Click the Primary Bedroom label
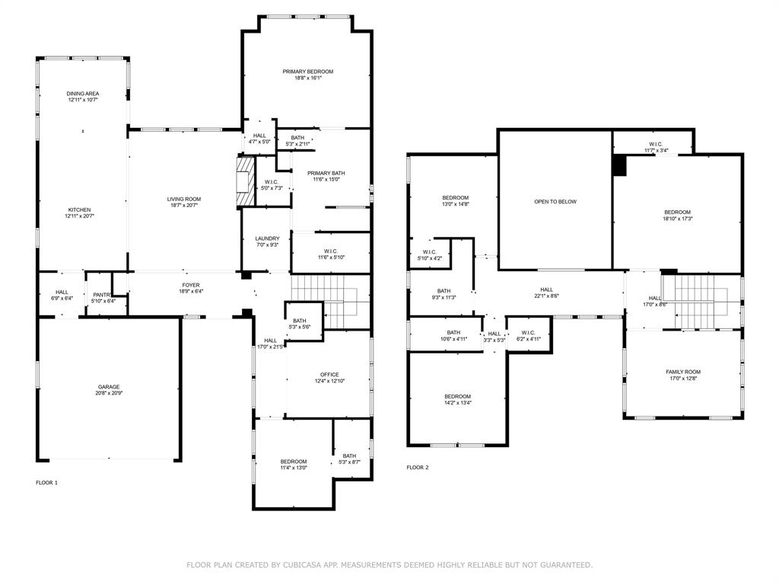pos(308,72)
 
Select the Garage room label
pos(108,387)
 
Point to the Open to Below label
pos(555,202)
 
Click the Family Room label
pos(683,372)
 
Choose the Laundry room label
pos(267,238)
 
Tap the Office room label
pos(329,375)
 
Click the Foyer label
pos(190,284)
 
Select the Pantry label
pos(102,295)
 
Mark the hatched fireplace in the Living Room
pos(244,181)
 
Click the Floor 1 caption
pos(46,483)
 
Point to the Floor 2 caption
pos(418,468)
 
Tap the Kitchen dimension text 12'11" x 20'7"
pos(80,216)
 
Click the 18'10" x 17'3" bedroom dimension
pos(677,219)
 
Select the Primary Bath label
pos(326,173)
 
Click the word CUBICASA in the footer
pos(281,565)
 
